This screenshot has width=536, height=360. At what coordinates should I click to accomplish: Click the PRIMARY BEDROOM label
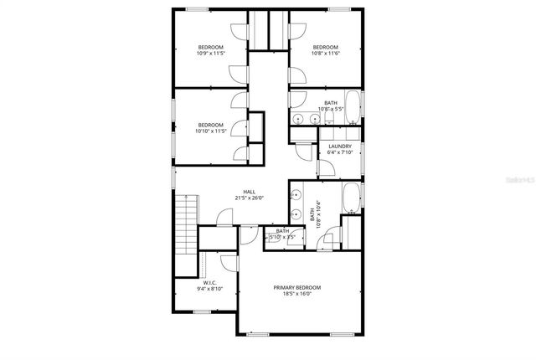(297, 287)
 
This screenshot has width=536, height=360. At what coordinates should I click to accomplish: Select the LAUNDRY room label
(340, 147)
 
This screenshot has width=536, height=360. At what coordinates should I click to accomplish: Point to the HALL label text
(249, 191)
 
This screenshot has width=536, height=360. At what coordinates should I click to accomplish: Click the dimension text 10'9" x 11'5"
(211, 54)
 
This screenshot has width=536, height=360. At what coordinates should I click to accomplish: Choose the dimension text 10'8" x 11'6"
(325, 54)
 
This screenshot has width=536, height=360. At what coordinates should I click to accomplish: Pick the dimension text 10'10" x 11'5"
(212, 131)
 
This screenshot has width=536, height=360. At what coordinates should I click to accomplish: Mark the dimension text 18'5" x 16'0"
(297, 294)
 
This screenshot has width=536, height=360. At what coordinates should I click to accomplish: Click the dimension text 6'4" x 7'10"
(340, 153)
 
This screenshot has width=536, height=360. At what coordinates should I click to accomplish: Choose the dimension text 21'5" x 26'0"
(250, 198)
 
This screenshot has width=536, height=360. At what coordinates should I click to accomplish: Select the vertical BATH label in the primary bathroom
(312, 215)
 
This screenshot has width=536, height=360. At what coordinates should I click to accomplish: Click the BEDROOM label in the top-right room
(325, 47)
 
